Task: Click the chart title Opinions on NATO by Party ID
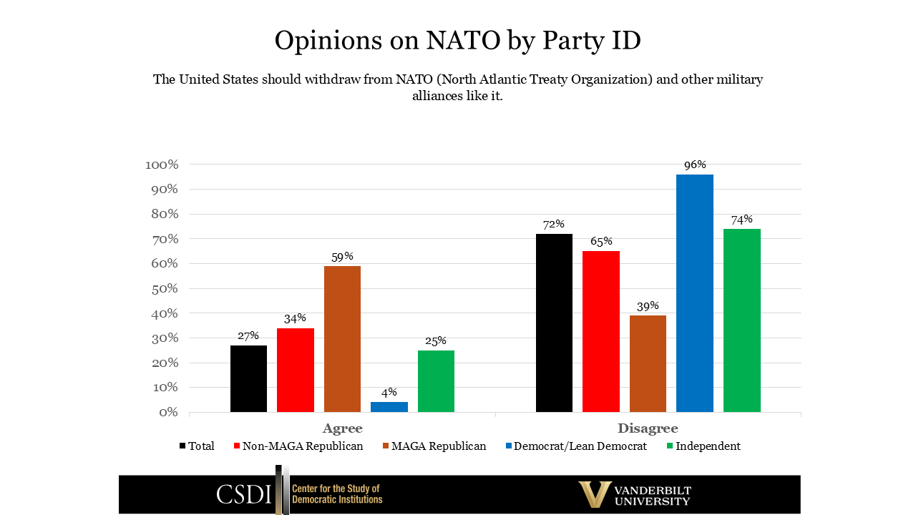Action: point(457,40)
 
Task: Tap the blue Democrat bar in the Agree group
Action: point(389,407)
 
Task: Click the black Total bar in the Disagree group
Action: point(554,323)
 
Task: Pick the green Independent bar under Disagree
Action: point(741,320)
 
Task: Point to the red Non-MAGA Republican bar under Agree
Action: point(296,370)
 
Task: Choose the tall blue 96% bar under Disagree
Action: point(695,293)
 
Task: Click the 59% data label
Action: point(342,256)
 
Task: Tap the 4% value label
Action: point(389,392)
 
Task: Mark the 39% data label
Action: point(648,305)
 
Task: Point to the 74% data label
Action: point(741,219)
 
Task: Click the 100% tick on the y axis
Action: point(162,165)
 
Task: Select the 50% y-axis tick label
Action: point(165,288)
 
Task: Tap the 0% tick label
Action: point(168,412)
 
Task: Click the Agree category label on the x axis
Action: point(342,428)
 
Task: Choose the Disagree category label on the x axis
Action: point(648,428)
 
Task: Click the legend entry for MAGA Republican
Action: point(438,446)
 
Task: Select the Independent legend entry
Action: point(708,446)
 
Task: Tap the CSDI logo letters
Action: point(243,494)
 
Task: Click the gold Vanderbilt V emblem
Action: point(594,494)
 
